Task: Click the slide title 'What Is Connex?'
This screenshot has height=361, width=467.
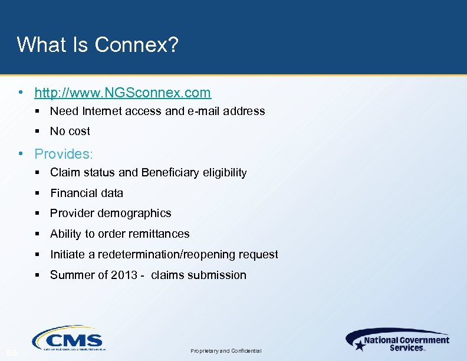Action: pyautogui.click(x=97, y=44)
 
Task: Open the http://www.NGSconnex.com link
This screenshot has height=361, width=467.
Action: pyautogui.click(x=123, y=93)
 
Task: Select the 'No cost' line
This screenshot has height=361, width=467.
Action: pyautogui.click(x=70, y=131)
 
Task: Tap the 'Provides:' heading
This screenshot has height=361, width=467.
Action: pyautogui.click(x=64, y=154)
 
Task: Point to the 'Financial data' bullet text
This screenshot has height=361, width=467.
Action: pyautogui.click(x=87, y=193)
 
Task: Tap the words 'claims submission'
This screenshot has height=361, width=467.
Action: pyautogui.click(x=199, y=275)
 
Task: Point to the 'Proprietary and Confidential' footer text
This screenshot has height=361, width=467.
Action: pyautogui.click(x=226, y=351)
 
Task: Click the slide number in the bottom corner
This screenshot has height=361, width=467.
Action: pyautogui.click(x=11, y=353)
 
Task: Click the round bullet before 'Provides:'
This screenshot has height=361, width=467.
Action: pyautogui.click(x=21, y=154)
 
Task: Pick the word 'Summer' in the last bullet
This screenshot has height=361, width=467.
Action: pyautogui.click(x=70, y=275)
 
